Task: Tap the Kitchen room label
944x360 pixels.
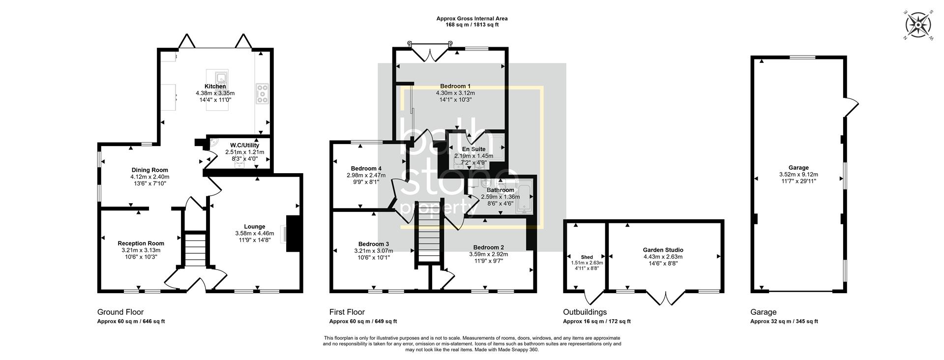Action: [215, 87]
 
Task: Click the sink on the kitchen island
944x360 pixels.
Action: [221, 77]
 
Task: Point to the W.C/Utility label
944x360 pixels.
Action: [244, 146]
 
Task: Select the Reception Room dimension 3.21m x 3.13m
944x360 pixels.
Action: [141, 250]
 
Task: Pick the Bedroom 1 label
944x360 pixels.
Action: [455, 86]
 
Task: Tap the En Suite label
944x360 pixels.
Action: [473, 149]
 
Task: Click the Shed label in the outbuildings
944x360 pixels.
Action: [587, 257]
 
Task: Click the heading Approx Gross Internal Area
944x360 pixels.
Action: [472, 19]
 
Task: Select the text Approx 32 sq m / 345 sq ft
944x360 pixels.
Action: [784, 322]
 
